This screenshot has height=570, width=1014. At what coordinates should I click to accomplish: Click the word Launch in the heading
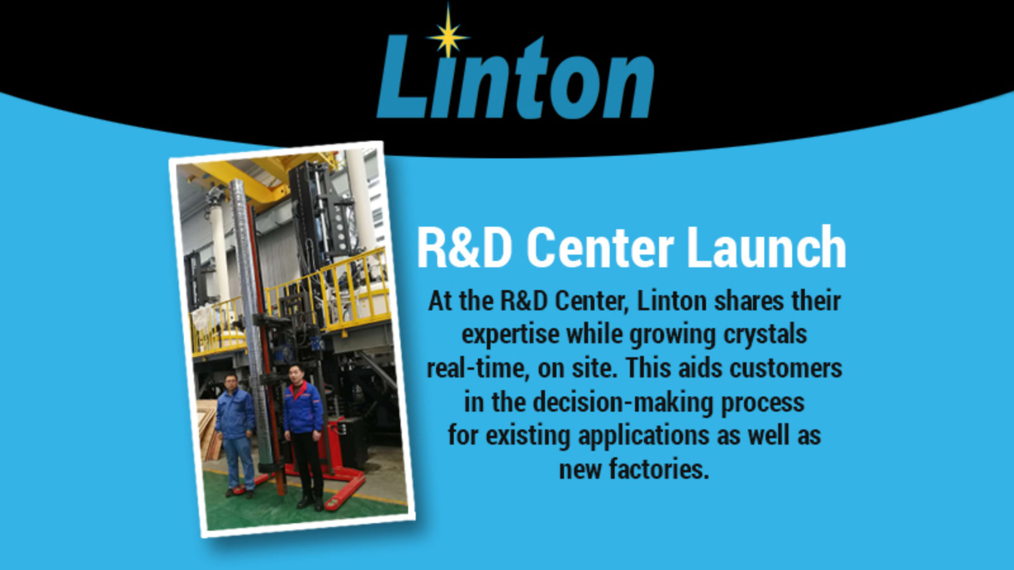[x=766, y=248]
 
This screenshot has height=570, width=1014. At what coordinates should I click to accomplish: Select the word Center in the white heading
[x=600, y=248]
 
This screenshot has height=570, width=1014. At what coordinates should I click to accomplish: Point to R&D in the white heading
[x=465, y=248]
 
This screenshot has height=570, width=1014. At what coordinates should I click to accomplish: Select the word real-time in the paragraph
[x=478, y=369]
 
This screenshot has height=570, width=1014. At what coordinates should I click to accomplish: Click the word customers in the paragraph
[x=786, y=369]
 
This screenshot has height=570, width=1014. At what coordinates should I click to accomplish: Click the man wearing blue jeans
[x=235, y=435]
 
